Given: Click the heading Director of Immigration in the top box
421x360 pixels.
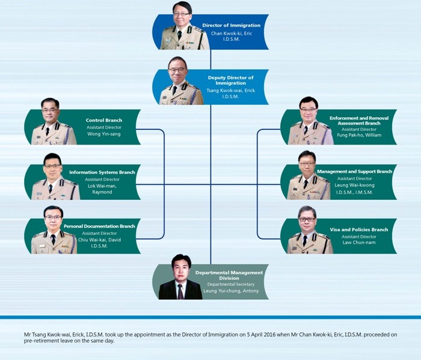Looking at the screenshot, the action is coord(232,25).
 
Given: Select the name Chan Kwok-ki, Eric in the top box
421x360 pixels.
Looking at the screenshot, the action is coord(232,33).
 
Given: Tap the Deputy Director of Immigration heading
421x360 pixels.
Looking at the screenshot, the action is coord(230,80).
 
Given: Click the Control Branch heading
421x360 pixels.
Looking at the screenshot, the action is coord(104,120).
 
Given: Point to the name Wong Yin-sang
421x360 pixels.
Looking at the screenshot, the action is coord(104,134).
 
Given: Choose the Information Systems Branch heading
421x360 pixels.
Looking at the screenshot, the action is coord(102,172).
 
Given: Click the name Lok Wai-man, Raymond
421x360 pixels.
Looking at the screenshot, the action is coord(102,189).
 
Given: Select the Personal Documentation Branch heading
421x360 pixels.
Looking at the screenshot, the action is coord(99,226).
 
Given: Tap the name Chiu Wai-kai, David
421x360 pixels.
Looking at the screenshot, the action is coord(99,240).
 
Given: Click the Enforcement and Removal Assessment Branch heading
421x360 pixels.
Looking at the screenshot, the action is coord(359,120).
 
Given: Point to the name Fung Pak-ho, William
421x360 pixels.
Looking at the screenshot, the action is coord(359,135).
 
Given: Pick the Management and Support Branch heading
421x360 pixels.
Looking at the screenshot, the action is coord(354,172).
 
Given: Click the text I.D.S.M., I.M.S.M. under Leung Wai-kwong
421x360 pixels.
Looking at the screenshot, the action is coord(354,193).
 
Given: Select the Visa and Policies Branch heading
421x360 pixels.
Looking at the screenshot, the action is coord(359,230).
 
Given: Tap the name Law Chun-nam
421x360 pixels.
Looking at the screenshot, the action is coord(359,243).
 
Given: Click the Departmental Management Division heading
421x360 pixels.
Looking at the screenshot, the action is coord(229,275).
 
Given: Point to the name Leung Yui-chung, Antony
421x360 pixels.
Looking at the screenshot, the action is coord(231,291).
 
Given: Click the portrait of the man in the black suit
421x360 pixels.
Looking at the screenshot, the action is coord(180,277).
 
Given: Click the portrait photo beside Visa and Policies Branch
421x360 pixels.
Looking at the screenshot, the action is coord(310,230).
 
